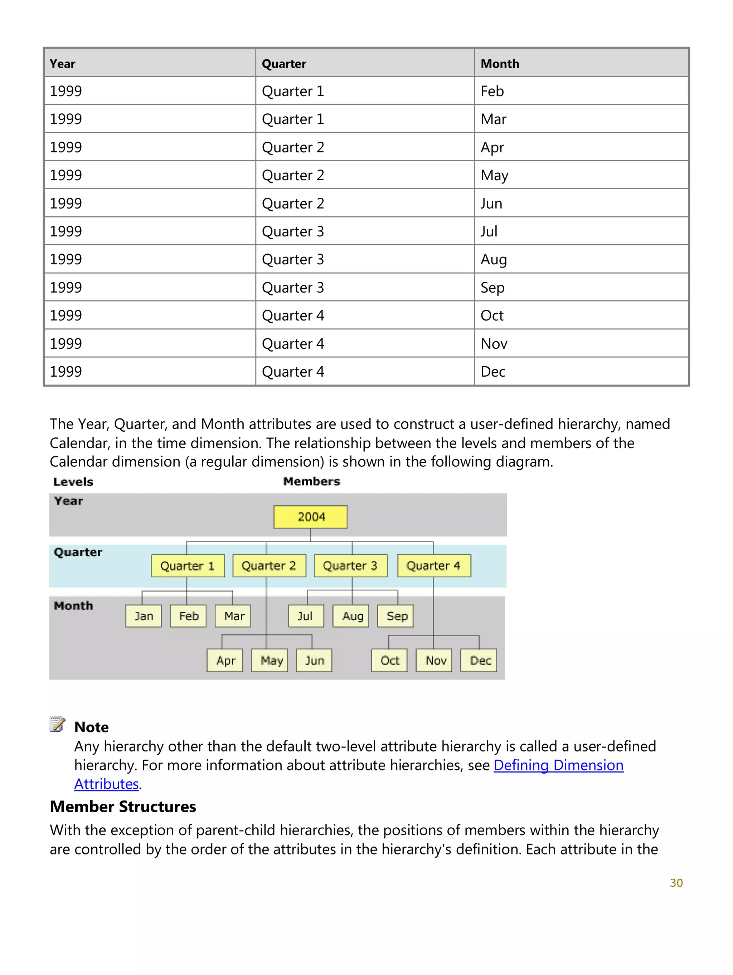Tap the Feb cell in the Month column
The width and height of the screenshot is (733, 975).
point(492,91)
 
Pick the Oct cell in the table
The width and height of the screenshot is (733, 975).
point(492,315)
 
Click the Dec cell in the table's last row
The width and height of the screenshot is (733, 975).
point(492,372)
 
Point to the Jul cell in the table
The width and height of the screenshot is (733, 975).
point(489,231)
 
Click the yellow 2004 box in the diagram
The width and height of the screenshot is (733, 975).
point(311,516)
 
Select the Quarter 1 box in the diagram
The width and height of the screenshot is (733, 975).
point(187,565)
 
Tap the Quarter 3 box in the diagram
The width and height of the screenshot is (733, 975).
point(351,565)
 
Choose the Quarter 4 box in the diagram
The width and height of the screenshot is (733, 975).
point(433,565)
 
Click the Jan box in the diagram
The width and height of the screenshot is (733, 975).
point(143,616)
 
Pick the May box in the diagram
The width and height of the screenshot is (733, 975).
point(270,660)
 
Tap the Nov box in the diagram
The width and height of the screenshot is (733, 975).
point(434,660)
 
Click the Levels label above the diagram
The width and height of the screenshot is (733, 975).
point(73,482)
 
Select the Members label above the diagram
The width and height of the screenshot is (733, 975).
point(311,481)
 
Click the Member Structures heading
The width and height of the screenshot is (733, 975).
point(123,806)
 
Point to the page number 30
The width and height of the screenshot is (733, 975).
point(676,883)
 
